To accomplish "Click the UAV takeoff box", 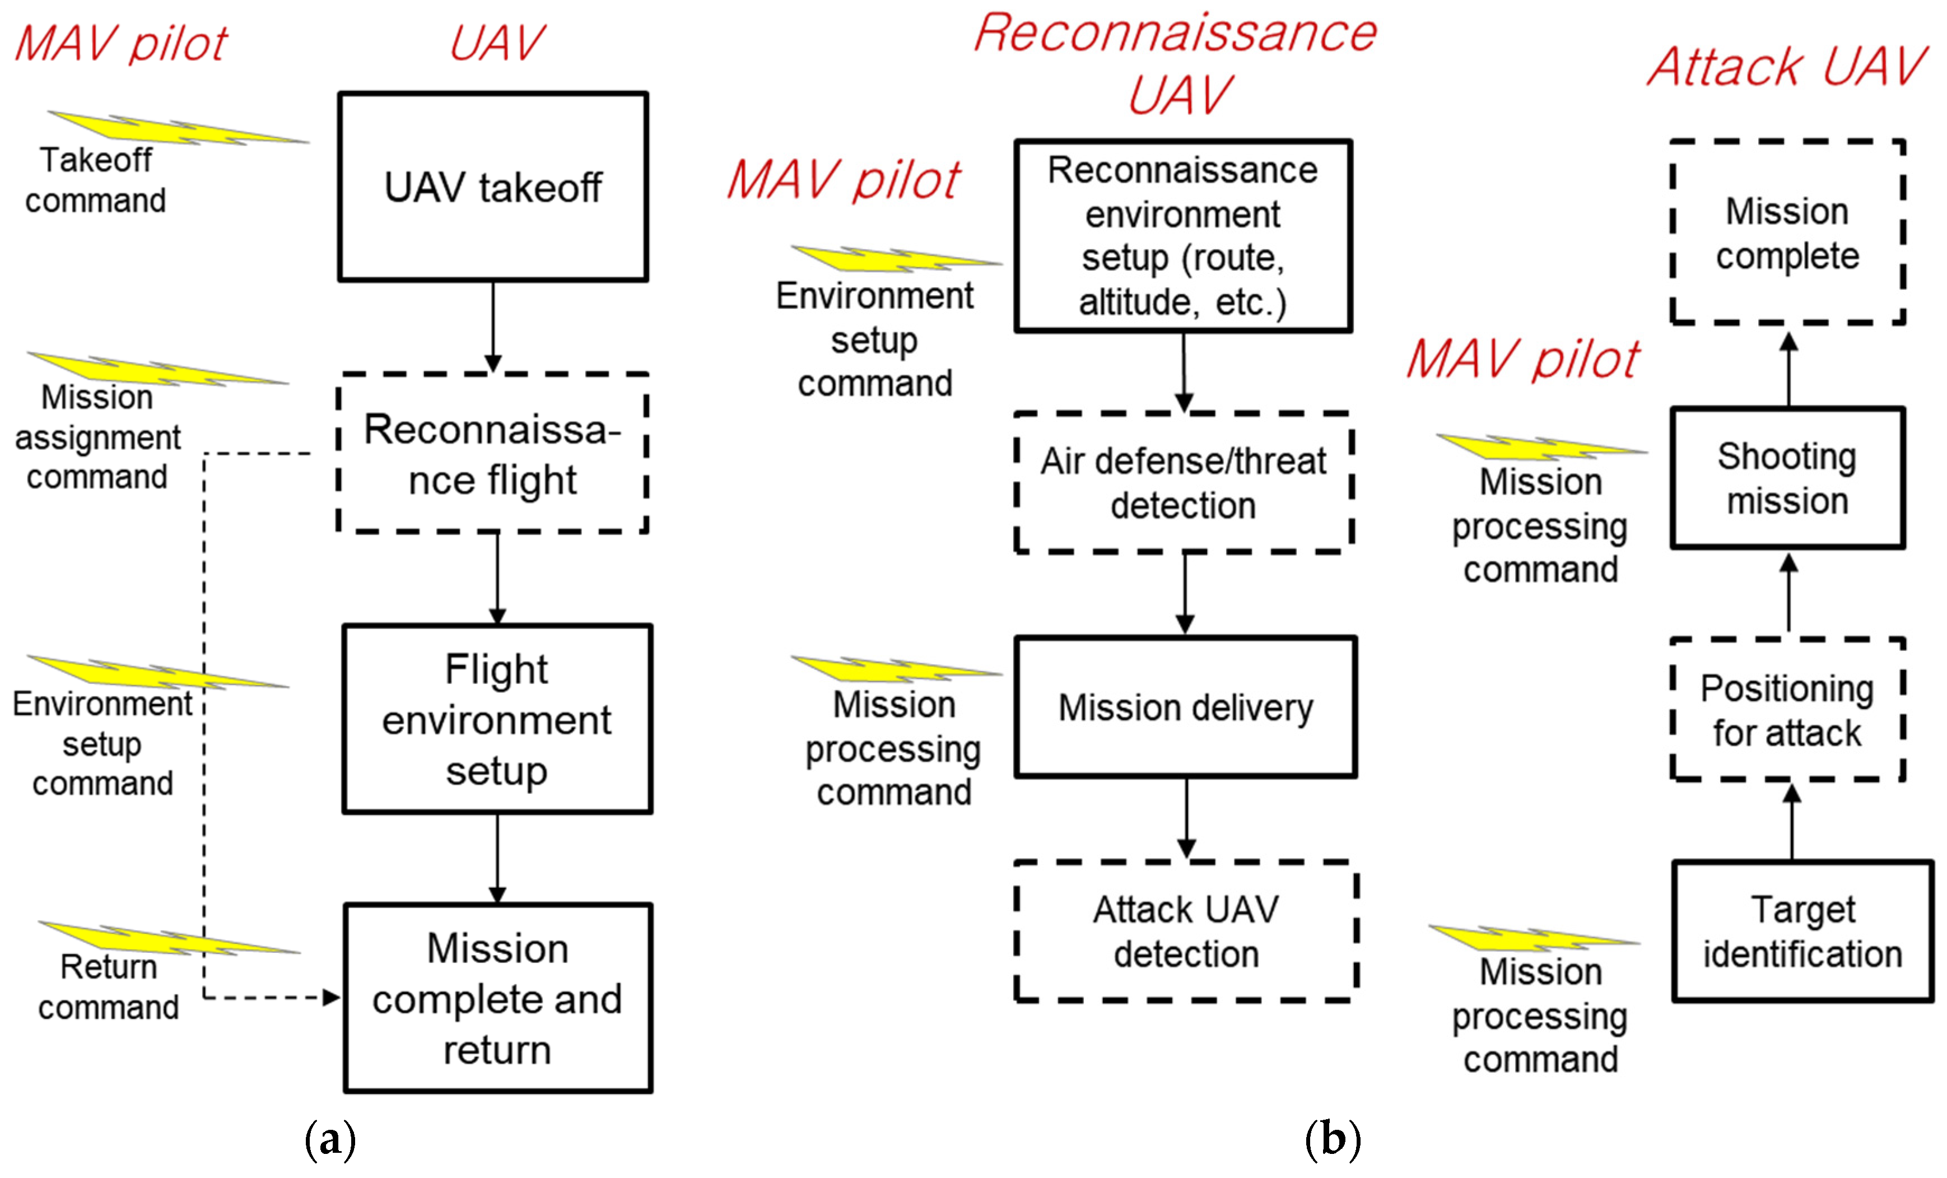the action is click(493, 187).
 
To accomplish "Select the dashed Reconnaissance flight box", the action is click(493, 453).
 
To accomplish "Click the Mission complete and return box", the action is click(498, 998).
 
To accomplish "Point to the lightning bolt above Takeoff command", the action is click(178, 128).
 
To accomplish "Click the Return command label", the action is click(108, 987).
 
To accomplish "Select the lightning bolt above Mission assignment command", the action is click(158, 370).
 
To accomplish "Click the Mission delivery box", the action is click(1185, 707).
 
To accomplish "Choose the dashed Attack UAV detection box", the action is click(1185, 931).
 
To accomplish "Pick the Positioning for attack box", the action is click(1787, 710).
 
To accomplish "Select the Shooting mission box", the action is click(1787, 477).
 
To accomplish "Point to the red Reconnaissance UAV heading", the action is click(1176, 63).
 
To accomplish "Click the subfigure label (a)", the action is click(330, 1139).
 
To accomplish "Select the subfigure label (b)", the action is click(1332, 1139).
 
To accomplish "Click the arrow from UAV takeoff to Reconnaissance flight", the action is click(493, 327).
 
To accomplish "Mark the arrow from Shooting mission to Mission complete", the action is click(1789, 369).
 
